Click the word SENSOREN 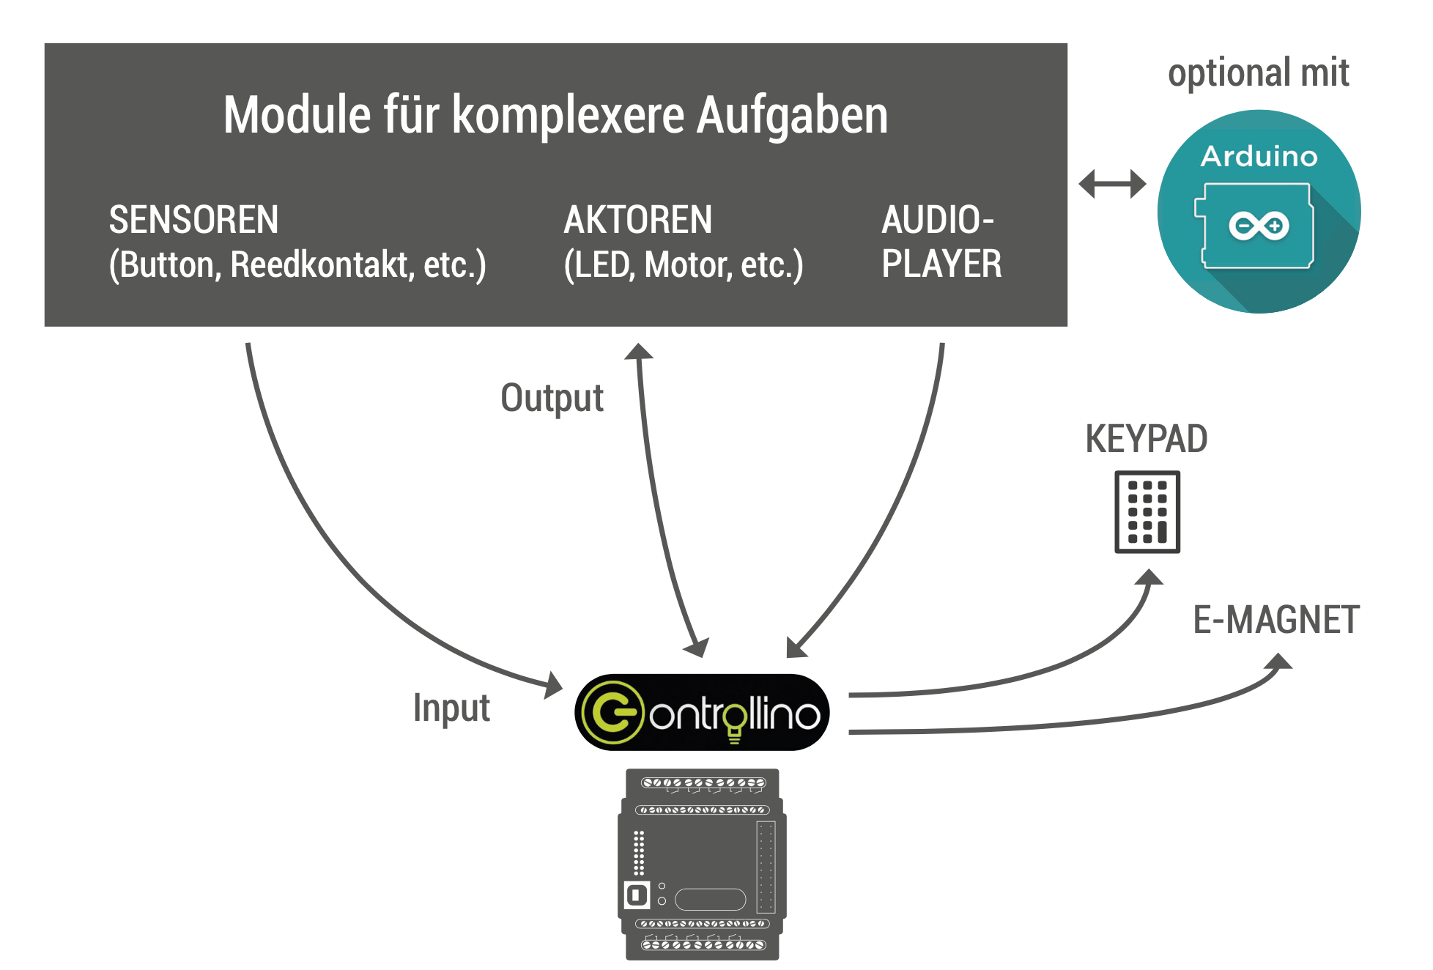[193, 220]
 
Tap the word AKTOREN [637, 220]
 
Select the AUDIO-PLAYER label [941, 242]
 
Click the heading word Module [297, 115]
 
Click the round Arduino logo [1259, 212]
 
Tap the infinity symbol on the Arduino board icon [1259, 226]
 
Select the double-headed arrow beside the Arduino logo [1112, 184]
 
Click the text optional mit [1258, 73]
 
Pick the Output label [552, 398]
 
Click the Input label [451, 708]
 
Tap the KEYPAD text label [1146, 439]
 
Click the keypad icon [1147, 511]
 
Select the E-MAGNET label [1275, 620]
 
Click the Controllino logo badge [702, 712]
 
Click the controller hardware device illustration [702, 865]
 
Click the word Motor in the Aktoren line [688, 264]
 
